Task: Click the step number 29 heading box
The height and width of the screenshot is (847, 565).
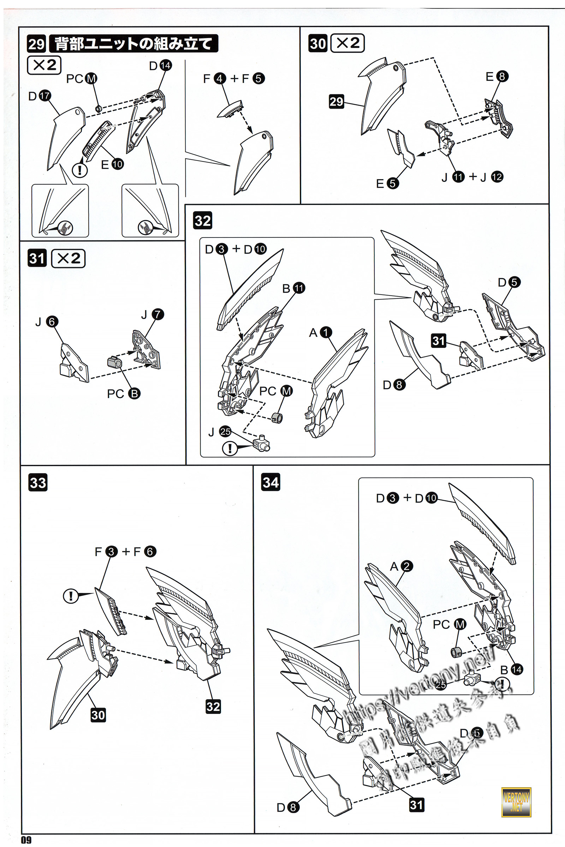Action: [x=36, y=44]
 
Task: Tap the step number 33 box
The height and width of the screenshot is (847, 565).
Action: [x=37, y=482]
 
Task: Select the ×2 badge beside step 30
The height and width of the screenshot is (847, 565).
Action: [x=347, y=43]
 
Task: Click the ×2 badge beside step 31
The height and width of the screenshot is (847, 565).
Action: [x=68, y=258]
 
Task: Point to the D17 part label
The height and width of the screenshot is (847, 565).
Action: [x=40, y=96]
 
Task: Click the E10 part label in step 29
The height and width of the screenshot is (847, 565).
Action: [x=112, y=164]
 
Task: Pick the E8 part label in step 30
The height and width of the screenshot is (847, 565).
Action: [x=497, y=76]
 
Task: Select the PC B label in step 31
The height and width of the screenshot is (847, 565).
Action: [x=124, y=394]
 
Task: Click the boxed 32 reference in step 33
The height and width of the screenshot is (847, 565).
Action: [x=213, y=706]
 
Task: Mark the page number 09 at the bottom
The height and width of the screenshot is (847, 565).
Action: [x=26, y=840]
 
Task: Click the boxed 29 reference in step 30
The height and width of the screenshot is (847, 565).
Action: [x=336, y=101]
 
